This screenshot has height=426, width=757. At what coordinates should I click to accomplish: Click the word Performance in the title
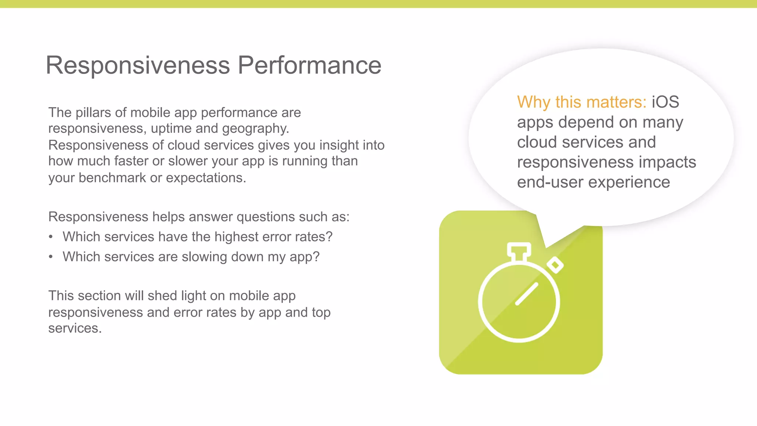pos(309,65)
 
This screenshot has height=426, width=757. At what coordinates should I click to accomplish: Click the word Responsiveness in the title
pos(138,65)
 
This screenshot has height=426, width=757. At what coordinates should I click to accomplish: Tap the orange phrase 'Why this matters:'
pos(581,102)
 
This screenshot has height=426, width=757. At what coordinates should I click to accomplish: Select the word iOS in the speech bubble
pos(665,102)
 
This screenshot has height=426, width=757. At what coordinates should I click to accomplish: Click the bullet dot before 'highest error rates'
pos(51,237)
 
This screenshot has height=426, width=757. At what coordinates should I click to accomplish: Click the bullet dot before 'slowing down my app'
pos(51,257)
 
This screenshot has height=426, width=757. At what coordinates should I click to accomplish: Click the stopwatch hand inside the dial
pos(526,294)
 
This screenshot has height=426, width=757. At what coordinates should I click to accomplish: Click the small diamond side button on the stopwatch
pos(555,265)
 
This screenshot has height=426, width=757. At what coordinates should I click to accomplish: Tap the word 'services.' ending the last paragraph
pos(75,328)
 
